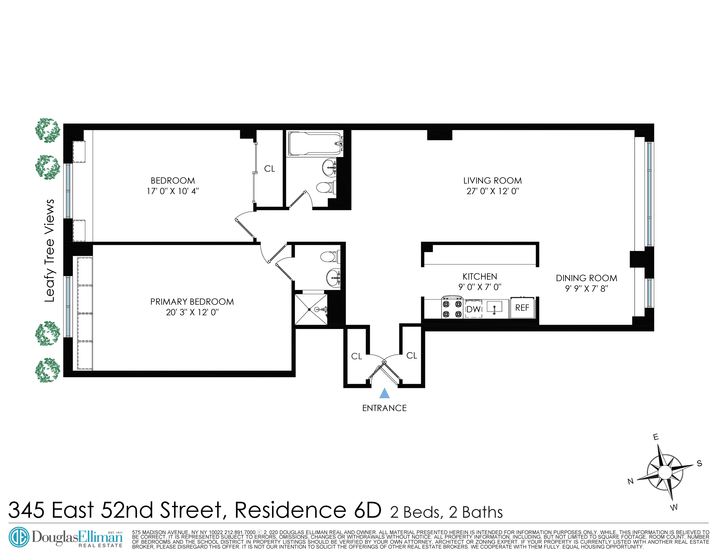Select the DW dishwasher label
[x=473, y=309]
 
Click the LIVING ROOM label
[x=492, y=181]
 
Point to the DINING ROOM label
[x=586, y=278]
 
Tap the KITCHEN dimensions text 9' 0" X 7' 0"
[x=480, y=287]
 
